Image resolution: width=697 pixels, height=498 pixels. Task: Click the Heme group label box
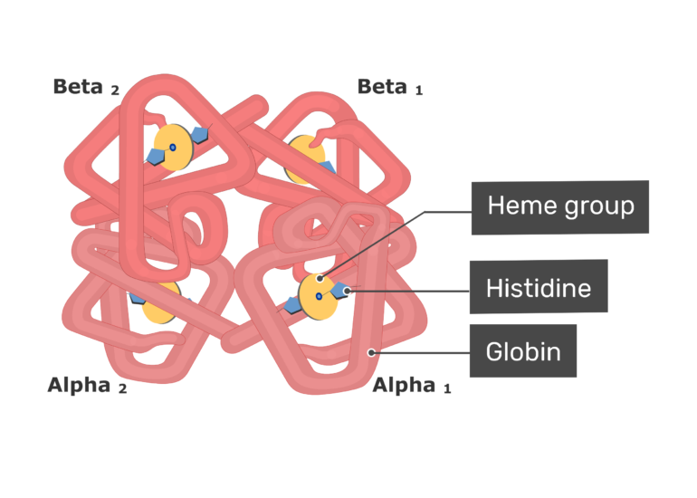pyautogui.click(x=560, y=207)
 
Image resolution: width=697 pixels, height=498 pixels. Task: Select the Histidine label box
pyautogui.click(x=539, y=287)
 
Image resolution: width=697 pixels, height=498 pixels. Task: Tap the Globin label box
pyautogui.click(x=523, y=350)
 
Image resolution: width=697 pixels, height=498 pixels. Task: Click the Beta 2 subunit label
pyautogui.click(x=86, y=87)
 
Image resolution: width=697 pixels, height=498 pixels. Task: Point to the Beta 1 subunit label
pyautogui.click(x=390, y=87)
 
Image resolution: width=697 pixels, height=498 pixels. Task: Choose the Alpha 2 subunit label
pyautogui.click(x=87, y=385)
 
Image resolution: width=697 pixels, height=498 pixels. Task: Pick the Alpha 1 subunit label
pyautogui.click(x=412, y=385)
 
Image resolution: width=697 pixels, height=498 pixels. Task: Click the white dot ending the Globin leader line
pyautogui.click(x=371, y=352)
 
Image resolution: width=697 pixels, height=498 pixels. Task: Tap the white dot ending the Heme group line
pyautogui.click(x=320, y=279)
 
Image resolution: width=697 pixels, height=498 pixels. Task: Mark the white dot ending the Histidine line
pyautogui.click(x=348, y=291)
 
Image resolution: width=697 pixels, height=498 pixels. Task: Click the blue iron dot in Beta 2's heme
pyautogui.click(x=173, y=148)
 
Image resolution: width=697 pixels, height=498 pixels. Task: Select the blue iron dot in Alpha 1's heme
pyautogui.click(x=319, y=296)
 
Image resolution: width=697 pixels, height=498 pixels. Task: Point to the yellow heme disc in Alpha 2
pyautogui.click(x=162, y=302)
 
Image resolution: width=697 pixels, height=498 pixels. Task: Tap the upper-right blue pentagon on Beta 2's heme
pyautogui.click(x=199, y=134)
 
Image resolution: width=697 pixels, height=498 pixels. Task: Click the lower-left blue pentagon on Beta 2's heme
pyautogui.click(x=155, y=157)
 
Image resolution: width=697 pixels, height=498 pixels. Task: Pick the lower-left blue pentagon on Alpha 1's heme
pyautogui.click(x=292, y=305)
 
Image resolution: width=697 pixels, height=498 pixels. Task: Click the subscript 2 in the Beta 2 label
pyautogui.click(x=115, y=91)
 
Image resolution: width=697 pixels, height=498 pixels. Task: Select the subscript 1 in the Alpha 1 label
pyautogui.click(x=448, y=389)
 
